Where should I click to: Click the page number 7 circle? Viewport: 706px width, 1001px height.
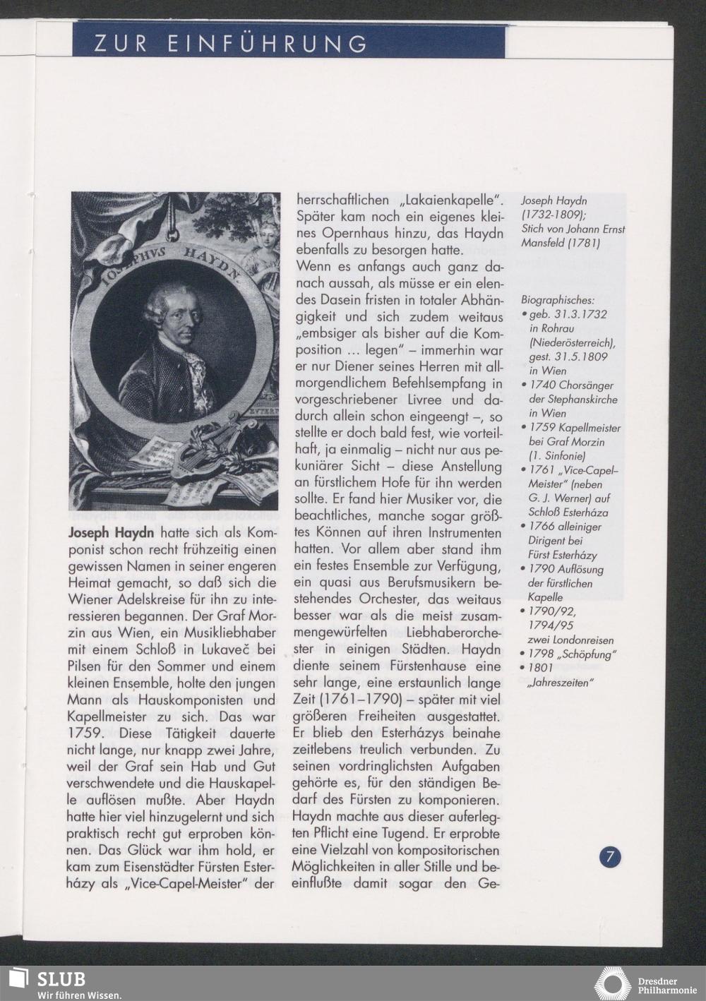click(x=610, y=857)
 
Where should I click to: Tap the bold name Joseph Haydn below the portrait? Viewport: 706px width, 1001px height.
click(x=112, y=532)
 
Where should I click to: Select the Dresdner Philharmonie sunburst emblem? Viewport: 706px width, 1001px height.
click(x=612, y=983)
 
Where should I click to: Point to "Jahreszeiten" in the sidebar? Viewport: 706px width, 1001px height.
click(x=561, y=683)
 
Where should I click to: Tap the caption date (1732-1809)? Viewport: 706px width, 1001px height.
click(x=551, y=215)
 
